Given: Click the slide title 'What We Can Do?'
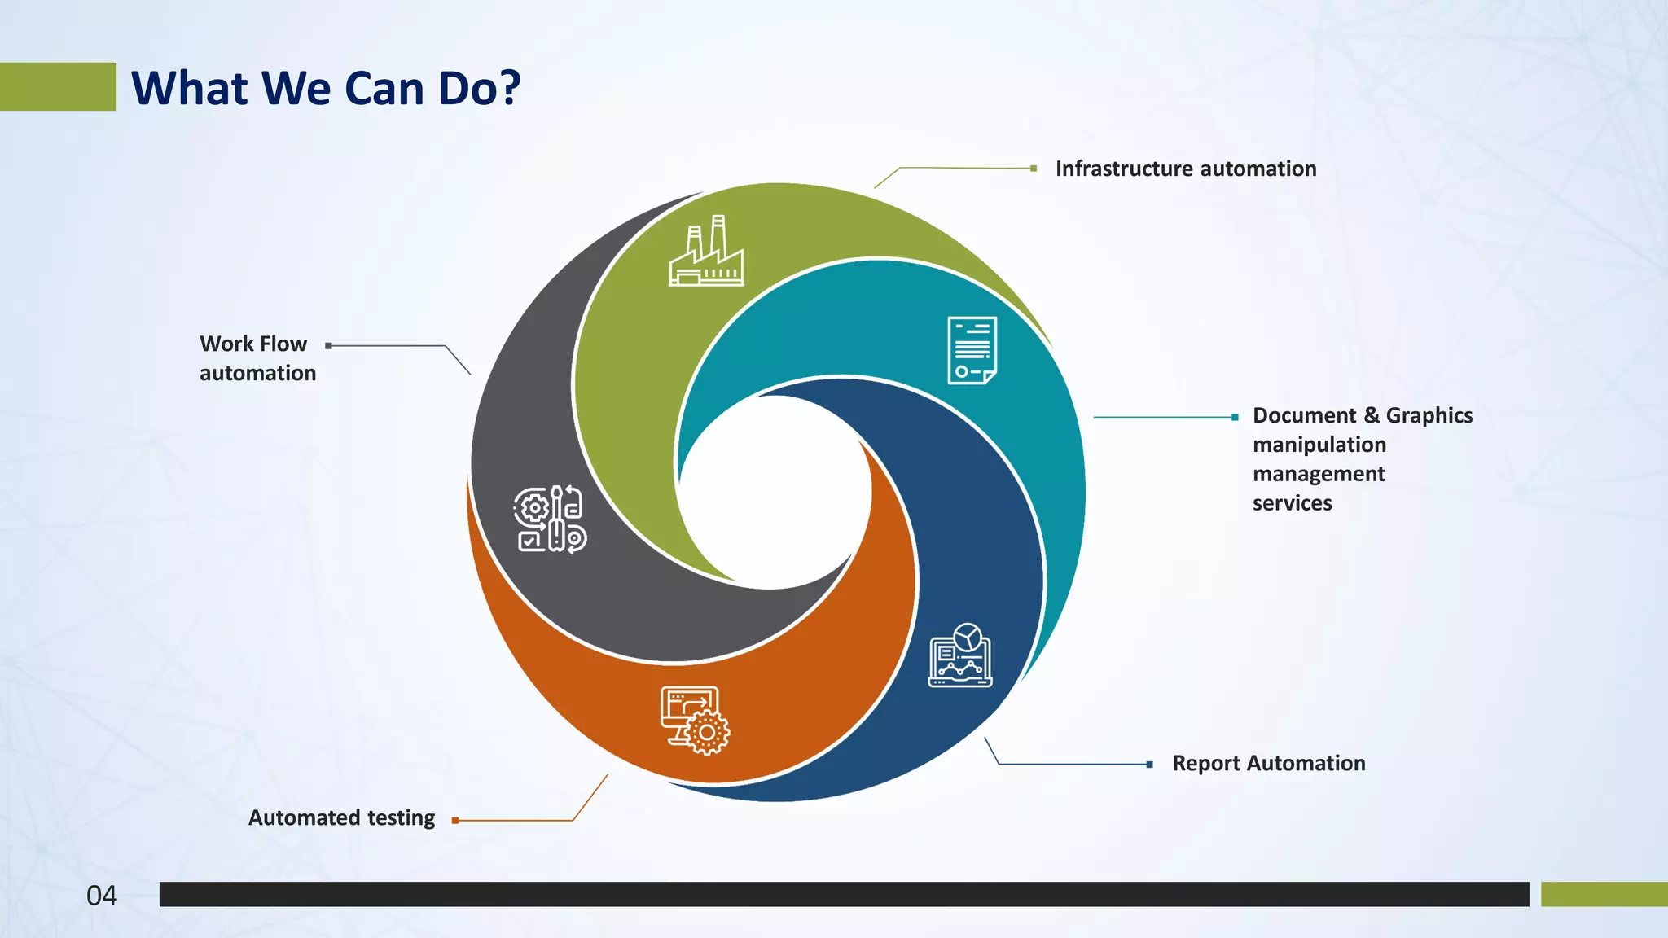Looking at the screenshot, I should coord(326,88).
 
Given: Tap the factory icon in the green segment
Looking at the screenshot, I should coord(706,252).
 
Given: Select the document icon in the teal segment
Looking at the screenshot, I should coord(972,350).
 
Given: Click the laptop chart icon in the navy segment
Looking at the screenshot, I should coord(961,656).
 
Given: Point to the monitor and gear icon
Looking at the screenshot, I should coord(695,720).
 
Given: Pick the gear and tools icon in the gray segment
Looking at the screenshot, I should coord(550,519).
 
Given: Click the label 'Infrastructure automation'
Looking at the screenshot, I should coord(1185,169).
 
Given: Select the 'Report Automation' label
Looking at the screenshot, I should coord(1268,763).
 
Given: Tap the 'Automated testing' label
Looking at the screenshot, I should coord(341,817).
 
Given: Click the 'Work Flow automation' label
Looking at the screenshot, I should coord(257,358).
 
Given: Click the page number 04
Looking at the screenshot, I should coord(102,896).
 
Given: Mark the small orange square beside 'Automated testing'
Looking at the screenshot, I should coord(455,821).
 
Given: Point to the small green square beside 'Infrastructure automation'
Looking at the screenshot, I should coord(1034,169).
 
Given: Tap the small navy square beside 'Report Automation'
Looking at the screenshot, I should coord(1149,765).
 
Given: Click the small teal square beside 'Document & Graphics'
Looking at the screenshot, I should coord(1235,417).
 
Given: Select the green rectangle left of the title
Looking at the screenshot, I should coord(58,86).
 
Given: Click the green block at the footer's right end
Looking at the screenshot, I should coord(1604,894).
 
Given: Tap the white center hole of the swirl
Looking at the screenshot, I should coord(774,489).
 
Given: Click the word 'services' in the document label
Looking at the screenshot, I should coord(1292,503).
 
